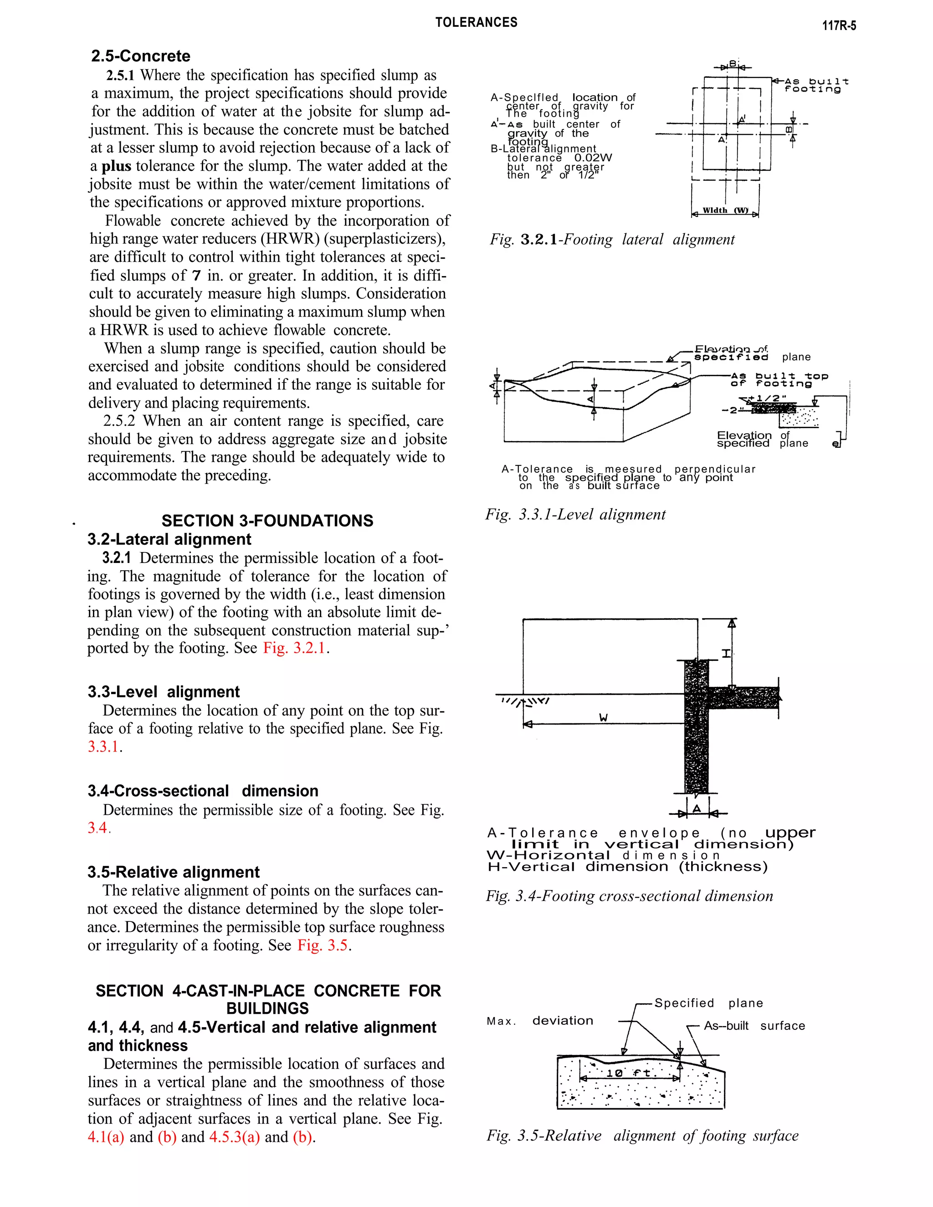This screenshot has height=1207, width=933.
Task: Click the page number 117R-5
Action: [x=839, y=26]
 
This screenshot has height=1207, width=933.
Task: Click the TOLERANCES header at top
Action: [x=476, y=23]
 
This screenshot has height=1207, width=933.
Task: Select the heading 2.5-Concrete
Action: [x=140, y=56]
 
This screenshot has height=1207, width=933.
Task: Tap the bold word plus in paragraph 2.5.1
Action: [x=116, y=166]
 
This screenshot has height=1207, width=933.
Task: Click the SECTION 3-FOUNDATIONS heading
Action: [x=267, y=521]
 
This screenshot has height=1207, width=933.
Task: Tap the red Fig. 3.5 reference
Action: [x=322, y=945]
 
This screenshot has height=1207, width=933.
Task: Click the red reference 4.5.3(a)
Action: [x=234, y=1137]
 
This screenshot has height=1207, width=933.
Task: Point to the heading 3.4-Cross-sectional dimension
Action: [x=202, y=791]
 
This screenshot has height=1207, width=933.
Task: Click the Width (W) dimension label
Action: [x=725, y=210]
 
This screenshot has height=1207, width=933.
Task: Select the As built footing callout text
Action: [x=816, y=85]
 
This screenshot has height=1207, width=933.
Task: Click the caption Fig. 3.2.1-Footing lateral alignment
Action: [x=612, y=239]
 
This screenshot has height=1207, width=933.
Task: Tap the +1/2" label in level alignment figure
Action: [x=770, y=399]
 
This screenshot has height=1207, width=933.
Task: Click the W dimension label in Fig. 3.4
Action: [x=604, y=717]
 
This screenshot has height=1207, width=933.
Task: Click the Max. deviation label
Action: [x=539, y=1021]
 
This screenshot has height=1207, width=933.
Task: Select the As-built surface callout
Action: [x=754, y=1026]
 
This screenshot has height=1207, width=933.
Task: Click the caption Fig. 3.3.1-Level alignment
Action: [x=575, y=515]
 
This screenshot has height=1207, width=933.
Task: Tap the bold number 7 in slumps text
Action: [x=196, y=275]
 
